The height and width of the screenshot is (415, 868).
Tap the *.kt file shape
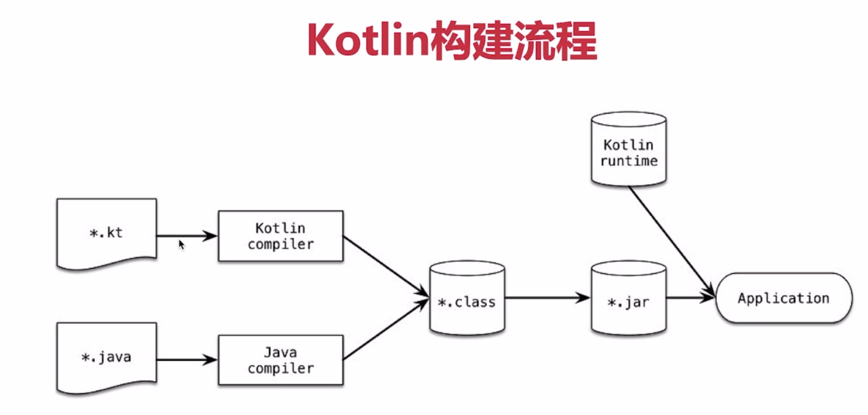[x=106, y=233]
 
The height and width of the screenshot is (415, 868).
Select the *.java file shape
[x=106, y=357]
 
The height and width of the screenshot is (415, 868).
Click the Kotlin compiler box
[x=280, y=236]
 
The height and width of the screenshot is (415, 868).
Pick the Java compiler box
[x=280, y=360]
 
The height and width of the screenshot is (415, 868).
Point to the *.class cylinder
[x=467, y=299]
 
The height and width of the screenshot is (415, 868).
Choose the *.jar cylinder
[x=628, y=299]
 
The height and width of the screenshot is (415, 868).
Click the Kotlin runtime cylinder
[x=628, y=150]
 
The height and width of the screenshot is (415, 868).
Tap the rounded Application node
[x=783, y=298]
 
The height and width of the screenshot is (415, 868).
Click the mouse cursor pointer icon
[x=181, y=245]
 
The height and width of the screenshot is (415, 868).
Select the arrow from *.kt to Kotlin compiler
[x=186, y=236]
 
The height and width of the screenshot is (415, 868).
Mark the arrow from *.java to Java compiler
[x=186, y=360]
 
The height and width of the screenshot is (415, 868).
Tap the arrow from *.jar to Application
[x=689, y=298]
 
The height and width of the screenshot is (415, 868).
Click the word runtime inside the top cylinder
[x=629, y=161]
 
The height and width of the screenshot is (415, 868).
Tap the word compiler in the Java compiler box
[x=280, y=369]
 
